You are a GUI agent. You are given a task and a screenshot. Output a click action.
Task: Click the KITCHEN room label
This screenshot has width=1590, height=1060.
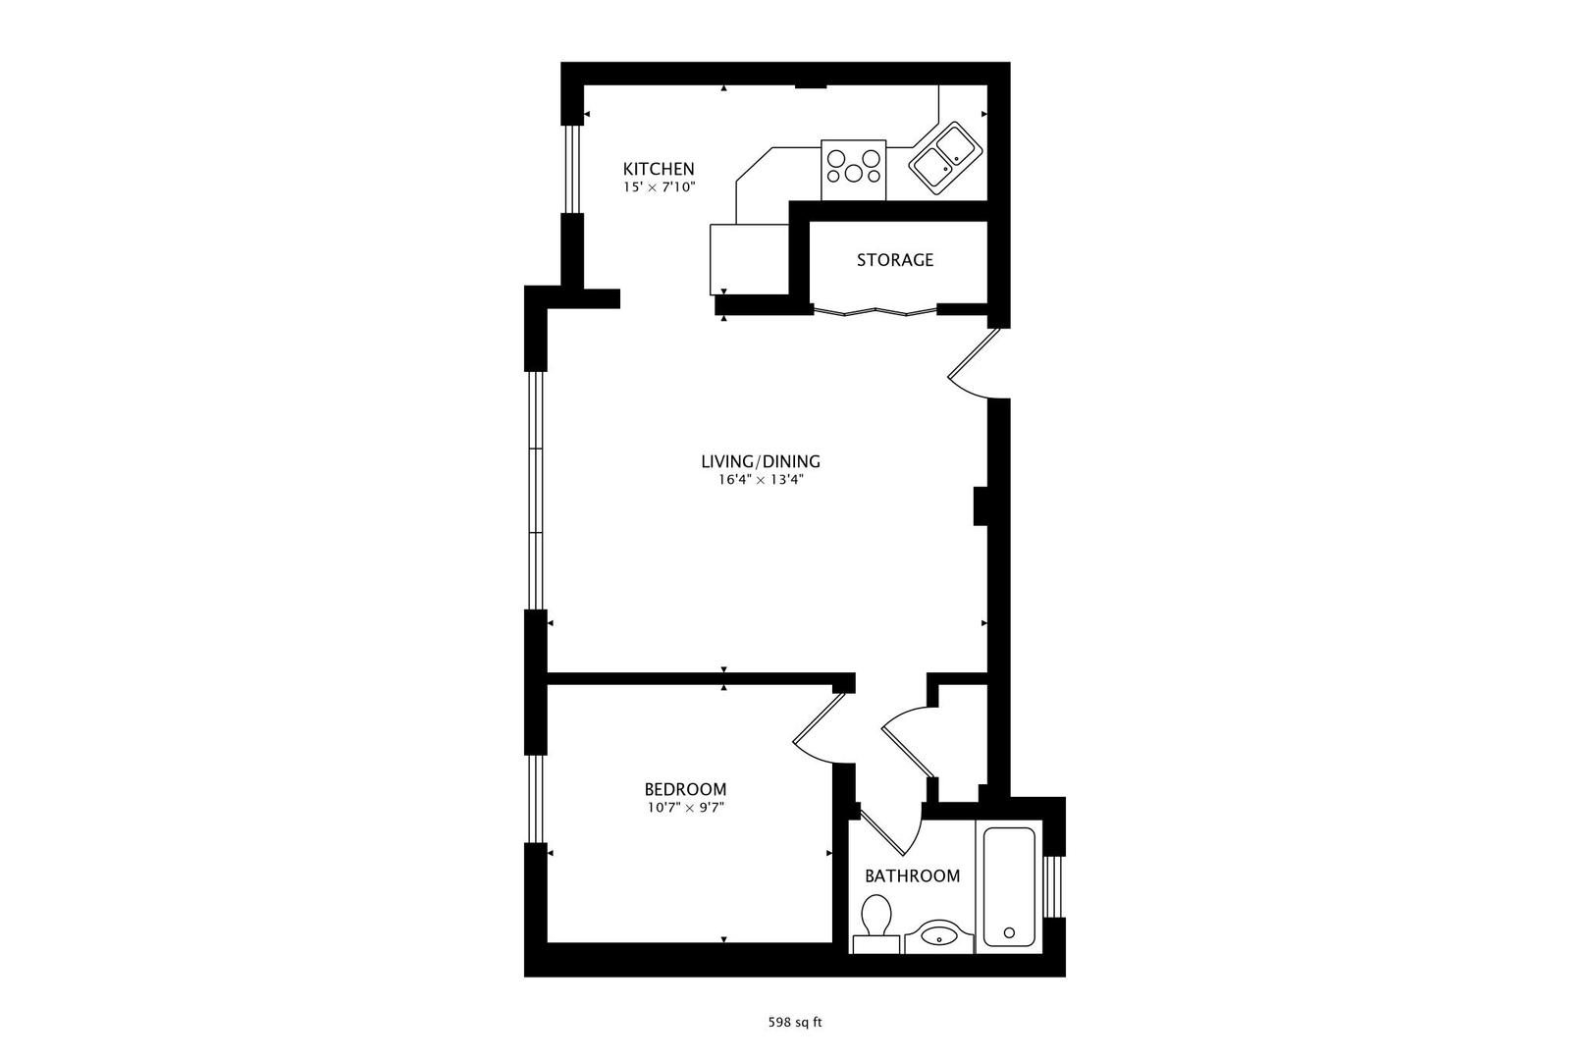click(x=659, y=169)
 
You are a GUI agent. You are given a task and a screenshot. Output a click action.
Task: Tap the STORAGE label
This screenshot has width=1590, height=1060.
click(x=894, y=260)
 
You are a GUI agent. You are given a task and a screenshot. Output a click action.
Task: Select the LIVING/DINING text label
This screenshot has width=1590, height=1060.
click(x=760, y=461)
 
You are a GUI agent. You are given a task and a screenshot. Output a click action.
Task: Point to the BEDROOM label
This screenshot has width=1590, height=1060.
click(x=685, y=789)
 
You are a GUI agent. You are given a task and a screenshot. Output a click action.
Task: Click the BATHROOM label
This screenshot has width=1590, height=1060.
click(x=912, y=875)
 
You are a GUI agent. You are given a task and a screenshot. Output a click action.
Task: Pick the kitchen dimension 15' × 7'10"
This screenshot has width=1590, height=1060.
click(x=659, y=186)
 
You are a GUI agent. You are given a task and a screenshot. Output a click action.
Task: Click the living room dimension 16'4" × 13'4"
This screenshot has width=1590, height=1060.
click(x=760, y=480)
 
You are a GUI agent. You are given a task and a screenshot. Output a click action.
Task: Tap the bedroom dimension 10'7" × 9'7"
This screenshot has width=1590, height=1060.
click(x=685, y=808)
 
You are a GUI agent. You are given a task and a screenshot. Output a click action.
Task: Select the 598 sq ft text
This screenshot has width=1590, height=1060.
click(x=794, y=1022)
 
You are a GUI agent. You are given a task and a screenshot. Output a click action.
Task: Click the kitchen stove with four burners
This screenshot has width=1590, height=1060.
click(x=854, y=168)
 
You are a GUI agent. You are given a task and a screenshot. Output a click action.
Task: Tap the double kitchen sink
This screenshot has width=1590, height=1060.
click(x=945, y=154)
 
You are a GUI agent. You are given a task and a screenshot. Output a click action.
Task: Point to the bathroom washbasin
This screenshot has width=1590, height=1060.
click(x=939, y=935)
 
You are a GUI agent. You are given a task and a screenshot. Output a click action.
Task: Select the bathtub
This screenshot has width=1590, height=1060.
click(x=1008, y=886)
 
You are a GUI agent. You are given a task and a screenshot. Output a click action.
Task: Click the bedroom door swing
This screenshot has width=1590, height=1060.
click(x=820, y=731)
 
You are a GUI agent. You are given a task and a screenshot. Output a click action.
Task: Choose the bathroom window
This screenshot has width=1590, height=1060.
click(x=1054, y=885)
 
